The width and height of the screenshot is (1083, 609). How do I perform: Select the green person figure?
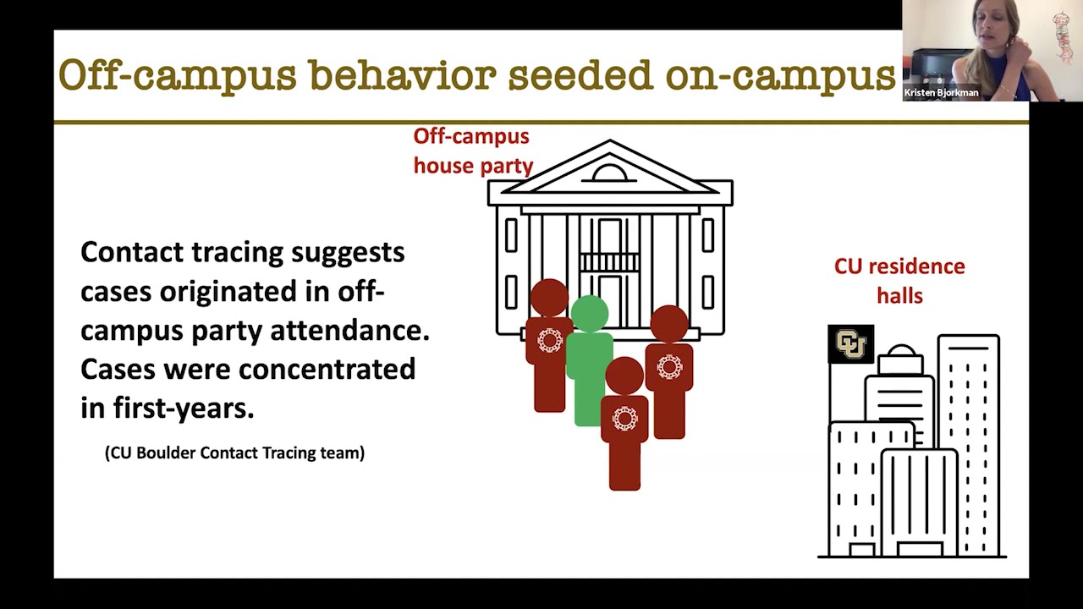tap(590, 372)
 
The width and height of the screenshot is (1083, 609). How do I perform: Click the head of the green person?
tap(590, 312)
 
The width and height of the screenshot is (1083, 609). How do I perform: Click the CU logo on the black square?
tap(850, 344)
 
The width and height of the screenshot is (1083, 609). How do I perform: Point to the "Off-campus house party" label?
tap(472, 151)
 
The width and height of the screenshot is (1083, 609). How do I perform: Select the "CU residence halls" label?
tap(899, 280)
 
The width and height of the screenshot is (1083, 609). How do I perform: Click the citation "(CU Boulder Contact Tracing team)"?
tap(234, 453)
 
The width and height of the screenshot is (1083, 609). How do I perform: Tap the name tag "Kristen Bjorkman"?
tap(941, 93)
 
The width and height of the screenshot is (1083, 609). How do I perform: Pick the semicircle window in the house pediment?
tap(609, 173)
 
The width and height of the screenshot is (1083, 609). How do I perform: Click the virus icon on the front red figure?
tap(624, 418)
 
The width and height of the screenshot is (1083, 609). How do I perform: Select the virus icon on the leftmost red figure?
tap(549, 340)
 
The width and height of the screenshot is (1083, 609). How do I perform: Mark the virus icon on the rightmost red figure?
tap(669, 367)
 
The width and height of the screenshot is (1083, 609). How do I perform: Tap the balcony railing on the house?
tap(609, 262)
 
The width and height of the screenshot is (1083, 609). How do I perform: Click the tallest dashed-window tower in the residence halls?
tap(968, 440)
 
